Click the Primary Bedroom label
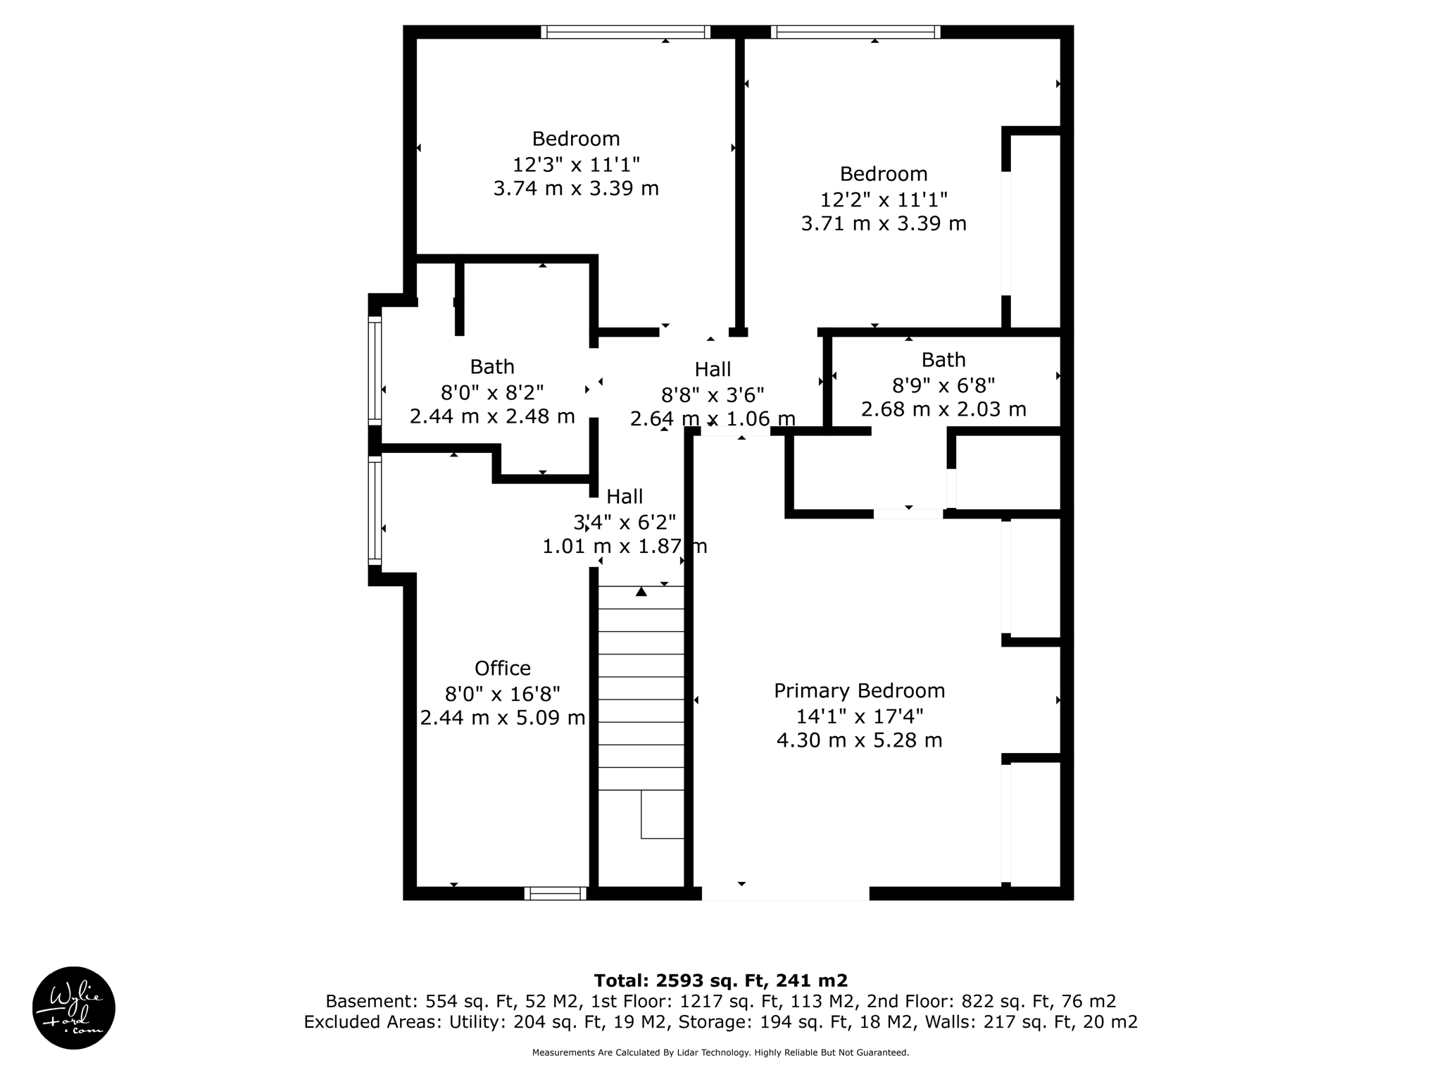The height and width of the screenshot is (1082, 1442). (x=859, y=690)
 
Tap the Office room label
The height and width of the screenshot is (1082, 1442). (x=502, y=668)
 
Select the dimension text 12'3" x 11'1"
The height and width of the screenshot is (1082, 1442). (x=576, y=164)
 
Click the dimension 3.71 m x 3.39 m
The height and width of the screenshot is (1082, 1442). (x=884, y=223)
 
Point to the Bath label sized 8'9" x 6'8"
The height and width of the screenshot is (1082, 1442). (x=943, y=360)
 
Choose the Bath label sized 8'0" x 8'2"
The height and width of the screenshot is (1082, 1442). (x=492, y=367)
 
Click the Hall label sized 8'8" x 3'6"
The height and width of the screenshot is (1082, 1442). (x=713, y=369)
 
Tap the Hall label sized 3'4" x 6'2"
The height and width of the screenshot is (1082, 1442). (x=625, y=497)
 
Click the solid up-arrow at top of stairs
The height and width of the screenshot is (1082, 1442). (x=641, y=592)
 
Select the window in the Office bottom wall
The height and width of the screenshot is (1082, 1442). (x=555, y=893)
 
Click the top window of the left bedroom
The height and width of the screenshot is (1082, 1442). (x=625, y=32)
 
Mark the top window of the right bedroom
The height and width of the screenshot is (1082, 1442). (x=855, y=32)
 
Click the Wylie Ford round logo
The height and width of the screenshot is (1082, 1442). (x=74, y=1007)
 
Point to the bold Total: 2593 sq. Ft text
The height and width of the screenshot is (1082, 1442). (x=720, y=981)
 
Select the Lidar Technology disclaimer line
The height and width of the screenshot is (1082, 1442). (x=720, y=1052)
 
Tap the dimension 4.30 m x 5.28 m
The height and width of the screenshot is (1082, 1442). (x=859, y=740)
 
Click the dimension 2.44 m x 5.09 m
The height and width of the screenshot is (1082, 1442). (x=502, y=718)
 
